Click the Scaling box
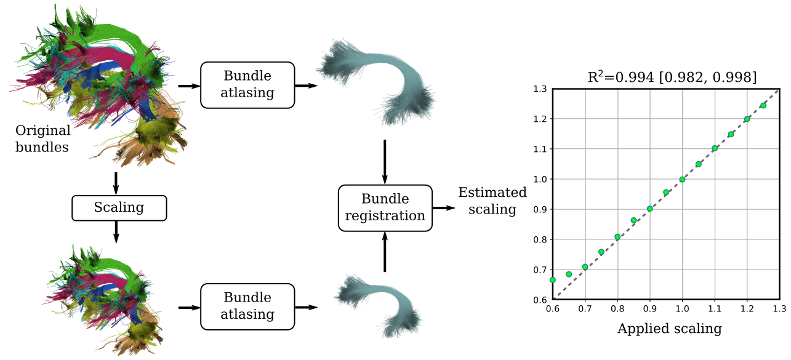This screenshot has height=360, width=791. (119, 208)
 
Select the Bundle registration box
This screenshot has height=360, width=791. (385, 208)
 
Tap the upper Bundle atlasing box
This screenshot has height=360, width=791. (247, 85)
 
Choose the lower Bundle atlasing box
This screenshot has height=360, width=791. (247, 306)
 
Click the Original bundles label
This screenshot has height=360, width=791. (42, 139)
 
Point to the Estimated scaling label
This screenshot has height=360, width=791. (492, 201)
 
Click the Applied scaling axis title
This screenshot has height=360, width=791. (669, 329)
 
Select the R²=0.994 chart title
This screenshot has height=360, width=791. (671, 77)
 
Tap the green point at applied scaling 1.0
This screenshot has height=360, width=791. (682, 180)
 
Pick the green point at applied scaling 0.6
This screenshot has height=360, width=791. (553, 279)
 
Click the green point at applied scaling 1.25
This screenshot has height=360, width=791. (763, 106)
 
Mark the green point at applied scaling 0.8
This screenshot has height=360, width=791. (617, 237)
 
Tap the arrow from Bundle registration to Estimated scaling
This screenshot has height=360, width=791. (442, 208)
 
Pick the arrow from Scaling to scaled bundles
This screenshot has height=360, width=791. (116, 231)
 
